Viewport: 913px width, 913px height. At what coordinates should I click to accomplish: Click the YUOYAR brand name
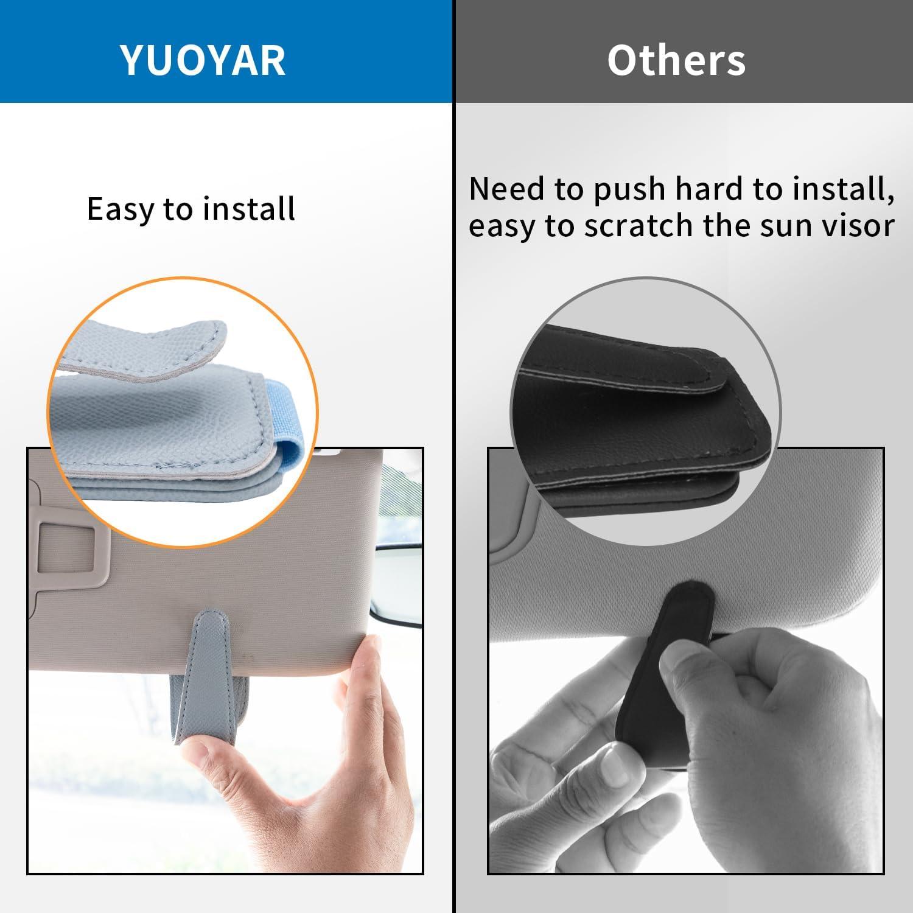click(x=203, y=60)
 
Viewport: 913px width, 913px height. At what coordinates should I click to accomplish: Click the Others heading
click(x=676, y=60)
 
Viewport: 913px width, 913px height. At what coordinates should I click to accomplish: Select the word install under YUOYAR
click(x=249, y=209)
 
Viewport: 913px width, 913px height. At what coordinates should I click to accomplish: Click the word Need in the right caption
click(x=507, y=189)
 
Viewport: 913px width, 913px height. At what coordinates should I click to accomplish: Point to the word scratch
click(x=639, y=226)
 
